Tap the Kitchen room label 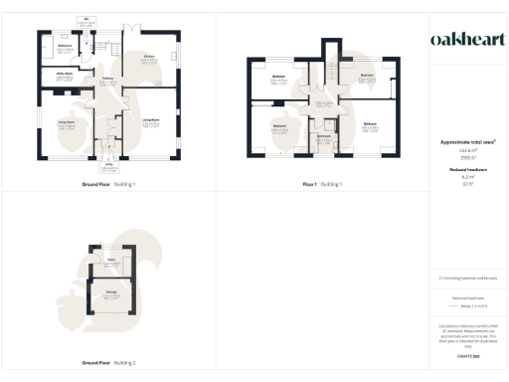149,58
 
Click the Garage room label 112,293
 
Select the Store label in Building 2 112,262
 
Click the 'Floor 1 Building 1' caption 323,184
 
